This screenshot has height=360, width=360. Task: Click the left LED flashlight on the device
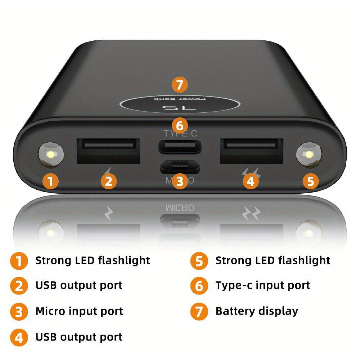pyautogui.click(x=51, y=155)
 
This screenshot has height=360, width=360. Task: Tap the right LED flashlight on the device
pyautogui.click(x=309, y=155)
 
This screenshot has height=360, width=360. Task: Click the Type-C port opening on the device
pyautogui.click(x=180, y=147)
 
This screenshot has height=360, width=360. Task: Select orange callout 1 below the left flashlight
pyautogui.click(x=51, y=181)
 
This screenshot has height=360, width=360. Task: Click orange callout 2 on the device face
pyautogui.click(x=108, y=181)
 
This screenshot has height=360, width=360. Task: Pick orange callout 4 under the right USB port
pyautogui.click(x=251, y=181)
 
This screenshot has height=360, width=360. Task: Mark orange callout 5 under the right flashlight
pyautogui.click(x=310, y=181)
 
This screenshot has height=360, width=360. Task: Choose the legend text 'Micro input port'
pyautogui.click(x=79, y=311)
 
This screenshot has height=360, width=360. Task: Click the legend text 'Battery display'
pyautogui.click(x=257, y=311)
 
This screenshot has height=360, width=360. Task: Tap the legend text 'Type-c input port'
pyautogui.click(x=262, y=285)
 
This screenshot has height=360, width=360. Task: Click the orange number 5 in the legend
pyautogui.click(x=199, y=261)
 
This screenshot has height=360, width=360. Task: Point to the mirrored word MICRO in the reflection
pyautogui.click(x=180, y=208)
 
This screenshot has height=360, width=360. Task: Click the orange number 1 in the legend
pyautogui.click(x=19, y=261)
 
